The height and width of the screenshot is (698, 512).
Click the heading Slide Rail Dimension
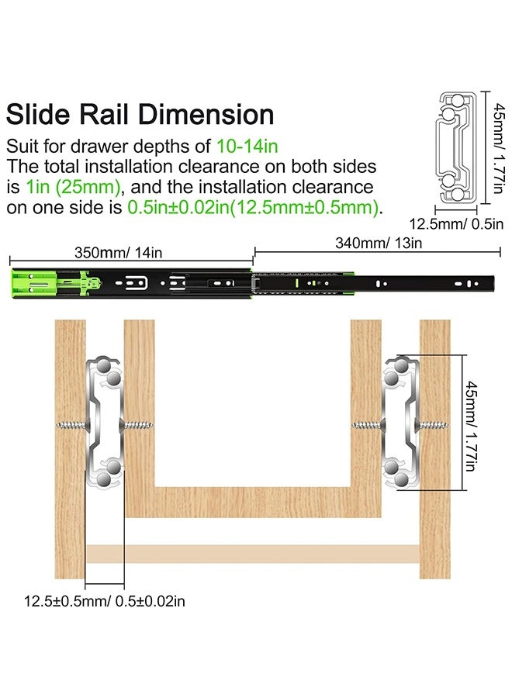click(140, 115)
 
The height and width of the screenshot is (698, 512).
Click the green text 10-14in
click(247, 146)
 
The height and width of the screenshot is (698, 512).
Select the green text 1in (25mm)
click(73, 187)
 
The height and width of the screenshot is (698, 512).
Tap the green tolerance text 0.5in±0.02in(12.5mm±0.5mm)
click(253, 207)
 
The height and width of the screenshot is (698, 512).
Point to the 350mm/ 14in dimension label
click(118, 253)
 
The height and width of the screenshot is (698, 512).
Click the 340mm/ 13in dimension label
click(379, 243)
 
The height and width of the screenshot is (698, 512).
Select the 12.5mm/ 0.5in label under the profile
click(456, 223)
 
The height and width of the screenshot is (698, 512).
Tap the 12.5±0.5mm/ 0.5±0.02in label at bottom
click(104, 601)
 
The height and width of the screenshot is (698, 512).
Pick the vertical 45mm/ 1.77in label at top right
click(498, 148)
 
